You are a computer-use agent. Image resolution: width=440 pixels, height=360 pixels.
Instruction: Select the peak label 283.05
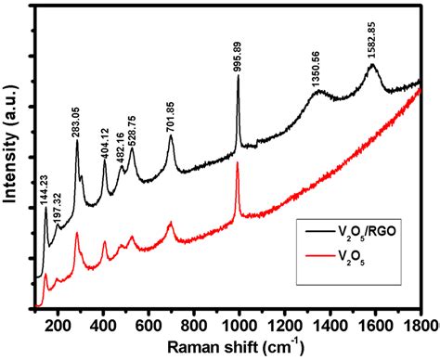point(77,122)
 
